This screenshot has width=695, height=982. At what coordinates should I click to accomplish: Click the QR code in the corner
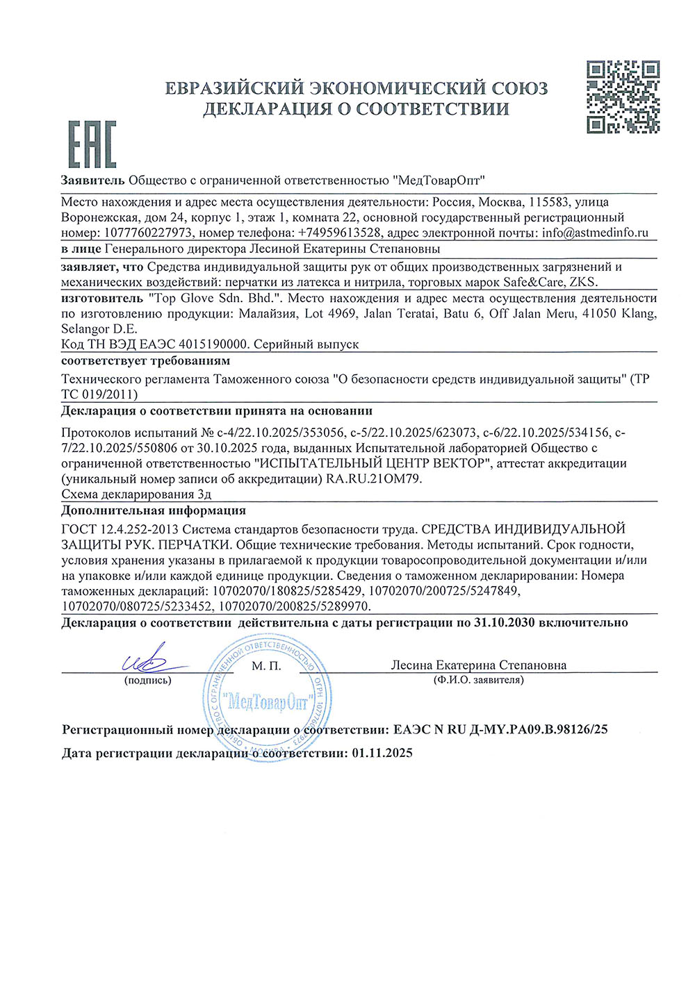623,97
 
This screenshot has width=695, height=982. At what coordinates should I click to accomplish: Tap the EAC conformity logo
92,144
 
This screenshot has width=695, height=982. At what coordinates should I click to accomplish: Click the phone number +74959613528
339,233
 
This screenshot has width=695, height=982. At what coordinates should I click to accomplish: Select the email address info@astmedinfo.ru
595,233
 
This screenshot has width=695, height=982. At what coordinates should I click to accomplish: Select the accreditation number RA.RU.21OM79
374,479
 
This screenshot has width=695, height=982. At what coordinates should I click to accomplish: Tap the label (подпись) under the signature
147,681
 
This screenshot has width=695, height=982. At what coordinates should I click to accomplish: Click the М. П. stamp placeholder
266,666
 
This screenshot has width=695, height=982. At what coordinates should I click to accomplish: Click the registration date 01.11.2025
382,753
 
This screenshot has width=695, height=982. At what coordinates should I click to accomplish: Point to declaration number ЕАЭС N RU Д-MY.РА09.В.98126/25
500,730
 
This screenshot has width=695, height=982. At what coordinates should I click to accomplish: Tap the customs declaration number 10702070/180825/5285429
284,591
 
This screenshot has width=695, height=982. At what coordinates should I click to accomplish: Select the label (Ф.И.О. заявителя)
478,681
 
